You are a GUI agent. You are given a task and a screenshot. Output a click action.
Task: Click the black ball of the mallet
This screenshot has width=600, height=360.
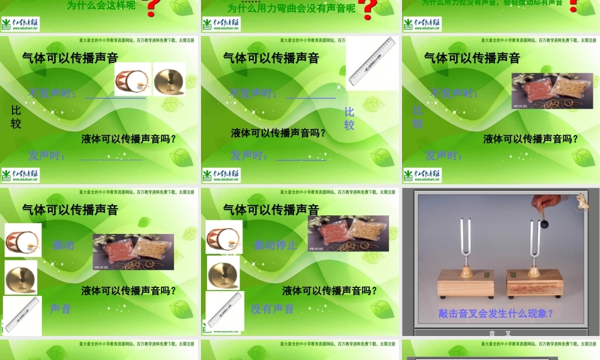coord(545,224)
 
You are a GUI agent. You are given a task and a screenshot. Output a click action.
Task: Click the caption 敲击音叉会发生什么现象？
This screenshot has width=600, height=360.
coord(496,313)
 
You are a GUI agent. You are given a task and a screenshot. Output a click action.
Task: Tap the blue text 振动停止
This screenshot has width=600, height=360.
coord(275,245)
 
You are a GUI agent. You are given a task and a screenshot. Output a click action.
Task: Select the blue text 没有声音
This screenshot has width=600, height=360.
coord(272,309)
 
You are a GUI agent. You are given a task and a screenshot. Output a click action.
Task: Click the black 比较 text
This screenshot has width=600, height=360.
coord(16,117)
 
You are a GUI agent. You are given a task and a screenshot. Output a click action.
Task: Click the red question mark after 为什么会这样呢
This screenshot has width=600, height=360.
coord(153,7)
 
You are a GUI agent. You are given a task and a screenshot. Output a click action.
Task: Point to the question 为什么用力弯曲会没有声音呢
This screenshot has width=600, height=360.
coord(292,8)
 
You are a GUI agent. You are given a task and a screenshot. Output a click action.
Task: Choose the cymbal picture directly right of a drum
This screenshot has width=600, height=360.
coord(169,79)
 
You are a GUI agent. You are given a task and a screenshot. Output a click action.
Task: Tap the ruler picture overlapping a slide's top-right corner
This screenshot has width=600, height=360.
coord(371,62)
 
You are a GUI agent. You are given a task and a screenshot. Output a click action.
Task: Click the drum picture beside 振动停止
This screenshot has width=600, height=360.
coord(224,237)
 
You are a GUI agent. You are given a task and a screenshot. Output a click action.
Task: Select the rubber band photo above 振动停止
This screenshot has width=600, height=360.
coord(348,233)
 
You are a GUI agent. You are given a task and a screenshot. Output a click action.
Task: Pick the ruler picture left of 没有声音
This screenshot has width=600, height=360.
coord(224,311)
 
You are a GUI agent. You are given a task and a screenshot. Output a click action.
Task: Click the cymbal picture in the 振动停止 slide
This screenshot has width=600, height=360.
coord(223,272)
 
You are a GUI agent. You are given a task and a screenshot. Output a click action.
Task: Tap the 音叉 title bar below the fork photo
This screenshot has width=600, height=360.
coord(500,333)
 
